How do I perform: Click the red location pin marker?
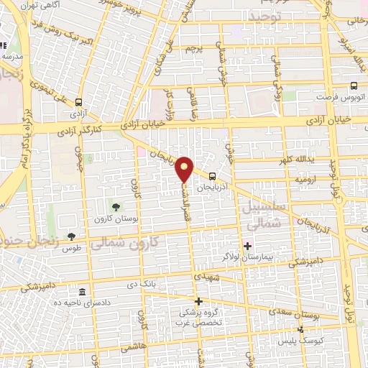pos(185,168)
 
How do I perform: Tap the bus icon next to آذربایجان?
pos(211,175)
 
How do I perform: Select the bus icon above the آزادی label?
pos(78,102)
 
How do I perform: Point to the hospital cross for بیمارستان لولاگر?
pos(248,245)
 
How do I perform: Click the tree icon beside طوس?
pos(71,236)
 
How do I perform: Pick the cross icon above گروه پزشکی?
pos(199,300)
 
